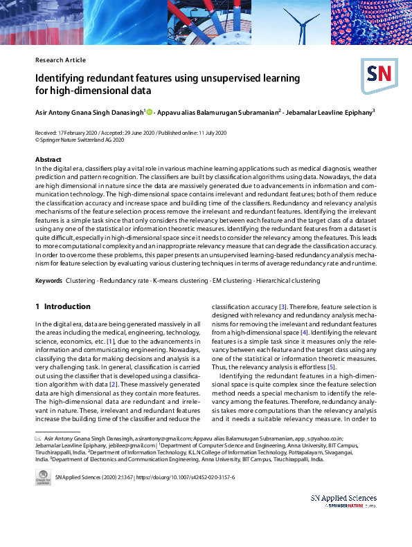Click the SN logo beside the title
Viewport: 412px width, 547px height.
point(376,73)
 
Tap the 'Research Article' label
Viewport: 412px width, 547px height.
point(60,60)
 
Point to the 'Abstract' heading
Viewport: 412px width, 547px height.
point(48,160)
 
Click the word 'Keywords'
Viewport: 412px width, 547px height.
point(49,281)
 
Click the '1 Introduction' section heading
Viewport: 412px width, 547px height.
point(63,306)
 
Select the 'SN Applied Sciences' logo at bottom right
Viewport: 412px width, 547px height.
point(343,501)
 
